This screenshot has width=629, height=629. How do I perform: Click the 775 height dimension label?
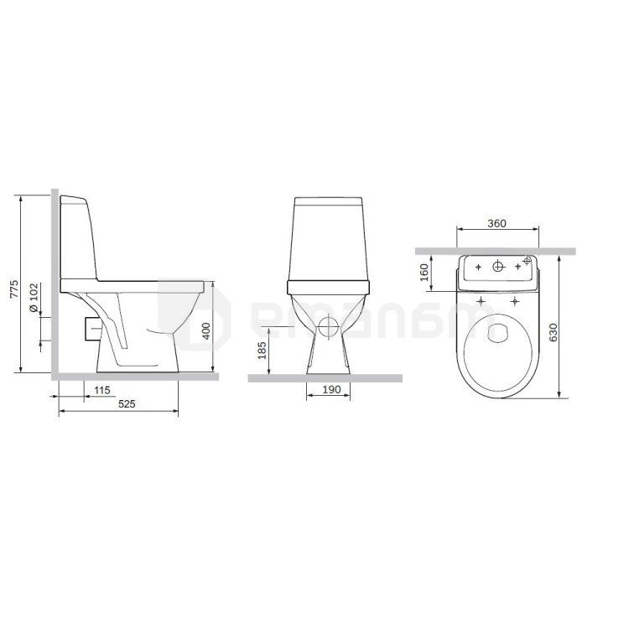14,289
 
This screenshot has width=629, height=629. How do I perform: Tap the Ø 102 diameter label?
34,298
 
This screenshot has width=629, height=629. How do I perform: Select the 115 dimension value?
101,390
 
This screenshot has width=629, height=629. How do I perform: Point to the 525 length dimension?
127,404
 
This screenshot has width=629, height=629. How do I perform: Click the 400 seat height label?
205,331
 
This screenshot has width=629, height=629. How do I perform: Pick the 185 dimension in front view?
262,351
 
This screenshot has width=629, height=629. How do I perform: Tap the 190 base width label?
331,389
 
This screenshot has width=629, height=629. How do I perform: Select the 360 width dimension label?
496,223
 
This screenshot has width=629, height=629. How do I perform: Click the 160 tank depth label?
424,273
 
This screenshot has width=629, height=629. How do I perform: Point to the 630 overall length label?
553,332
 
